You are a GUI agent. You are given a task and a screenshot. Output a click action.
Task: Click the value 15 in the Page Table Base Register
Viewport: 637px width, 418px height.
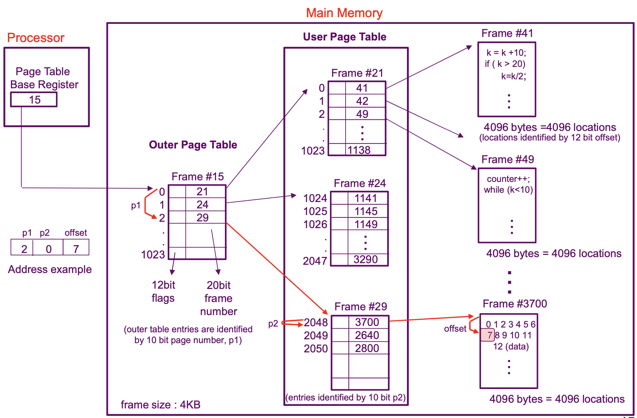(35, 100)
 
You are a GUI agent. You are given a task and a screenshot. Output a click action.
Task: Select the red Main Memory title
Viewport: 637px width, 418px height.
(344, 13)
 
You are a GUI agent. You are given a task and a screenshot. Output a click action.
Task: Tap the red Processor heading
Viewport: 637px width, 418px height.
(36, 38)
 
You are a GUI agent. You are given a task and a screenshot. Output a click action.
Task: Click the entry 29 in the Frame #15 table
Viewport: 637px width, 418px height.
(202, 218)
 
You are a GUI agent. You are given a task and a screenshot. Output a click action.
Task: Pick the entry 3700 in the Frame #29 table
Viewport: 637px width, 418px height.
(367, 322)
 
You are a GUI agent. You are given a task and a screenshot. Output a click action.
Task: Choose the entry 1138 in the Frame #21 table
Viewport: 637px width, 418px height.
(359, 150)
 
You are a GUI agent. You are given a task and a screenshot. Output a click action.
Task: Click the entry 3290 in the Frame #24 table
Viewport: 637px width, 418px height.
(366, 260)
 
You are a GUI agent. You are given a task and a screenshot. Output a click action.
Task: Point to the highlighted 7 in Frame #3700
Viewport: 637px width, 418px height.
(489, 335)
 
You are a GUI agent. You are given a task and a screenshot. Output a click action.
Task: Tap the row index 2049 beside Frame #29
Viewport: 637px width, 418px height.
(316, 335)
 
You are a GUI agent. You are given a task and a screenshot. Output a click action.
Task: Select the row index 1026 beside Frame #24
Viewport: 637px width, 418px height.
(315, 224)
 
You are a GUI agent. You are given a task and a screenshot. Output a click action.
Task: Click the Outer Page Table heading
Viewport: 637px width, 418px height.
(193, 145)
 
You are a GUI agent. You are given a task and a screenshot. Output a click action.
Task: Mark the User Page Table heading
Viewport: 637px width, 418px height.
(345, 37)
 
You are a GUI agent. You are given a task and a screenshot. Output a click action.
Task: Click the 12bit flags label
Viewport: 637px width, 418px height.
(163, 292)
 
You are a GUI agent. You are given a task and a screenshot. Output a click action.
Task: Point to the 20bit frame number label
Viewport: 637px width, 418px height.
(219, 298)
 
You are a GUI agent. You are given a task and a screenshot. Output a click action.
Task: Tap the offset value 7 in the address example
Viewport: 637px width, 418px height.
(76, 249)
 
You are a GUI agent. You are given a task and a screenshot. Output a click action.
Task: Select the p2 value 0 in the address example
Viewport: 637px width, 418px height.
(48, 249)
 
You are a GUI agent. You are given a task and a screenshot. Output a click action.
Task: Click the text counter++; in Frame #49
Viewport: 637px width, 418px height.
(508, 179)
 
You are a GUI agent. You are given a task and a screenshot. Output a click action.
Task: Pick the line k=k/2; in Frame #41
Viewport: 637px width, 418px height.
(514, 76)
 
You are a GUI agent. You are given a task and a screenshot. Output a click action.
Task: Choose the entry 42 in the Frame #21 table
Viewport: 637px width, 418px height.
(362, 101)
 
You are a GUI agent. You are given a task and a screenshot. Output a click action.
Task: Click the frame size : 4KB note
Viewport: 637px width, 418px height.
(160, 405)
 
